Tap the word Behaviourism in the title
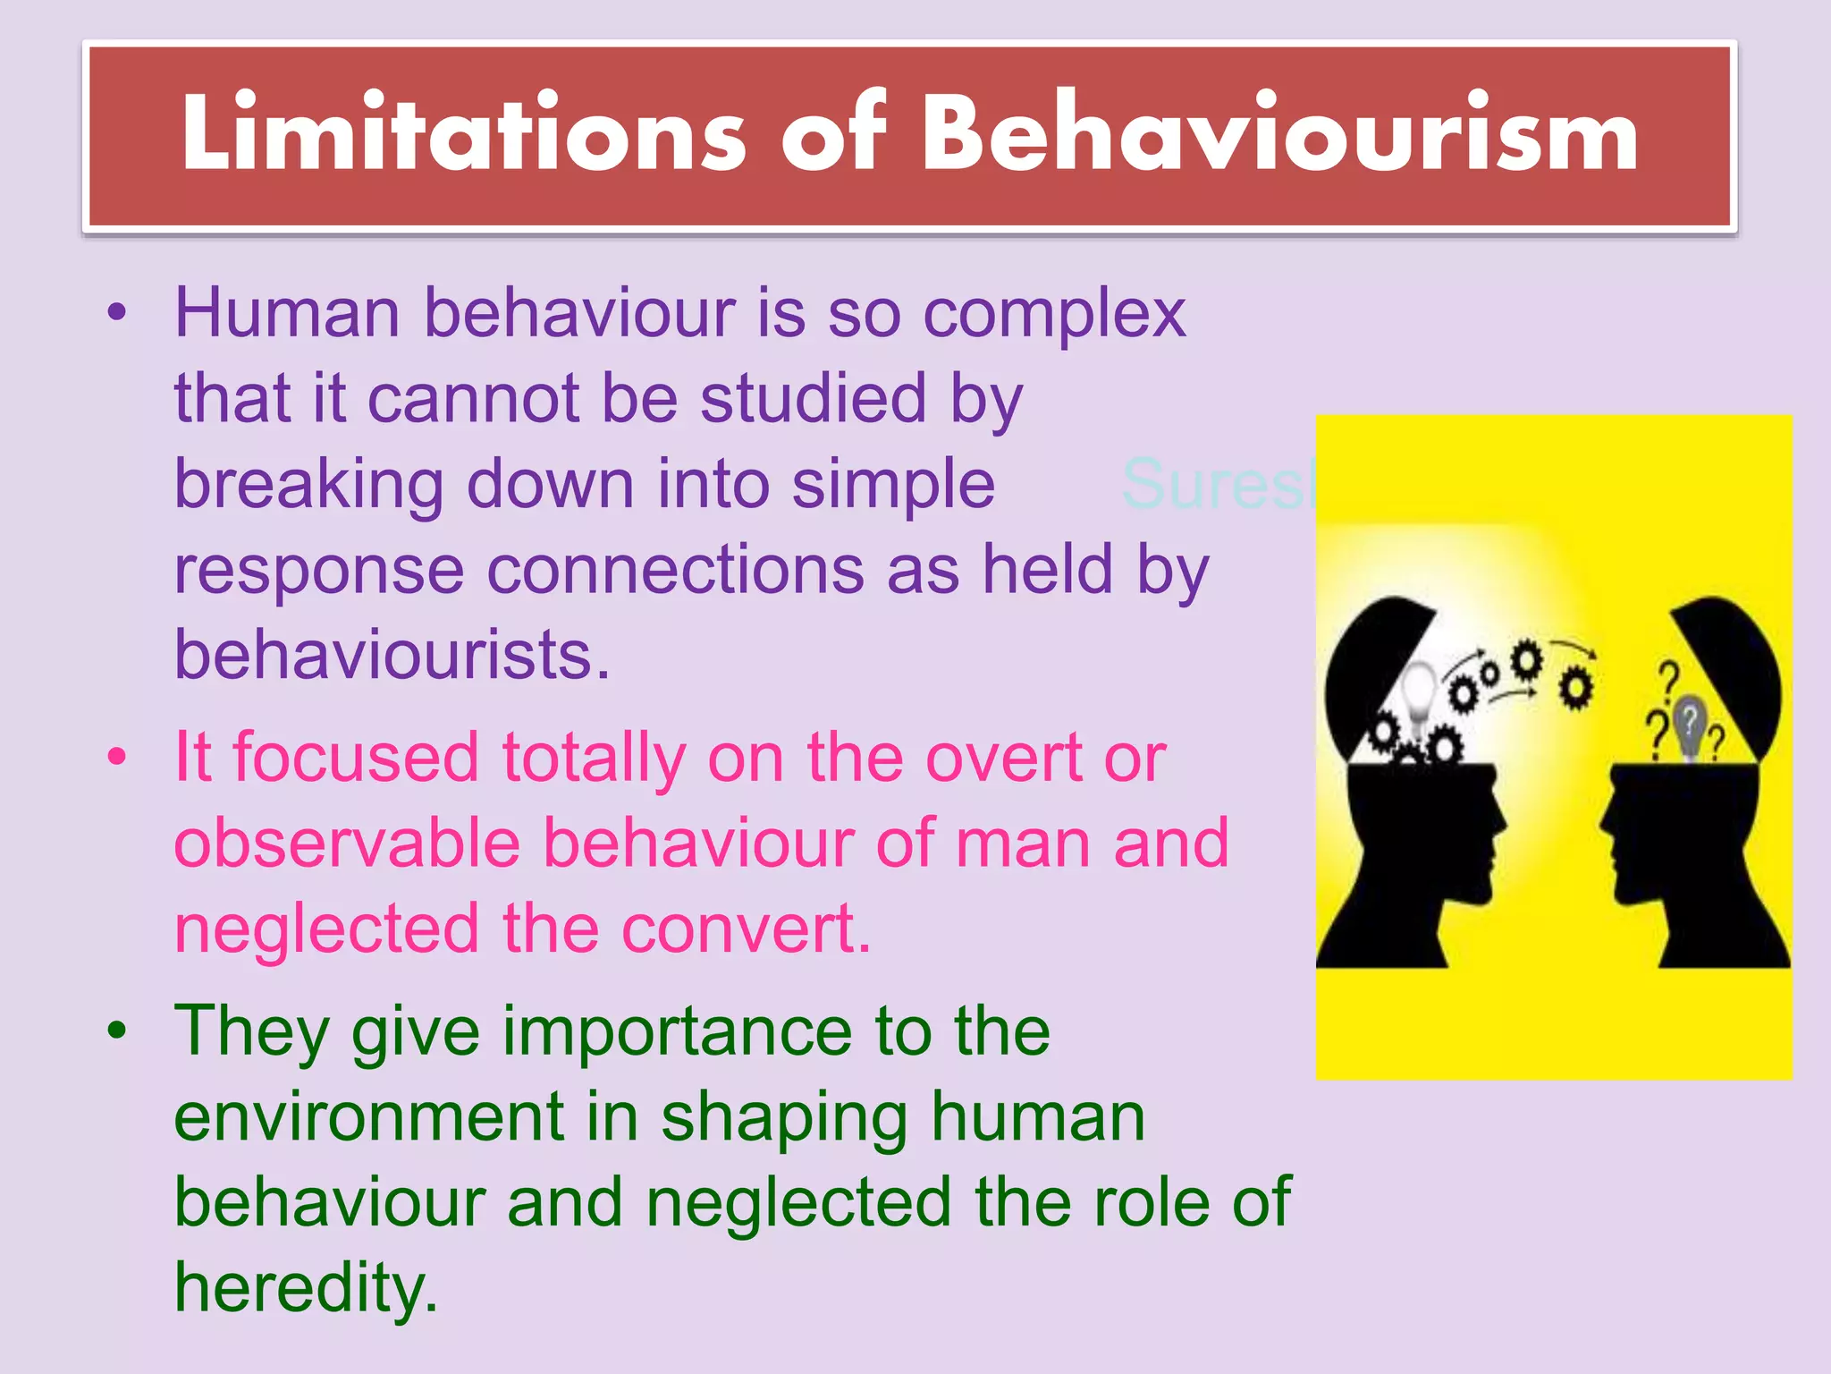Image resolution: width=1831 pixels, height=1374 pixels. (x=1279, y=134)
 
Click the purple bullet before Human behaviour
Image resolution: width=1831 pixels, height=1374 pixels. (x=117, y=314)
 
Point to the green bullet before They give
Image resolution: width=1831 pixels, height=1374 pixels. (x=117, y=1031)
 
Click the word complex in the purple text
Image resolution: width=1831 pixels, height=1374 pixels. (x=1054, y=315)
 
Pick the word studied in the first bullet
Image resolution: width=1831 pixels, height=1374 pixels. (x=813, y=399)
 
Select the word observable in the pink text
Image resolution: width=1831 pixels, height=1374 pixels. (x=347, y=844)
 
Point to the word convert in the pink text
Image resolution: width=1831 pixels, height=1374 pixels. (x=746, y=929)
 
